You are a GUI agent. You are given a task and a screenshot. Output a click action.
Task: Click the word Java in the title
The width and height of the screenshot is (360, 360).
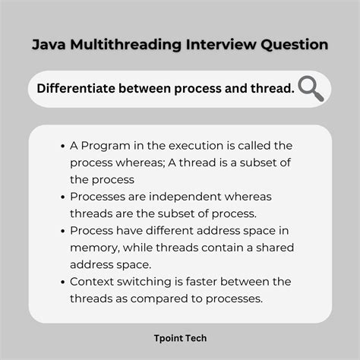(x=47, y=45)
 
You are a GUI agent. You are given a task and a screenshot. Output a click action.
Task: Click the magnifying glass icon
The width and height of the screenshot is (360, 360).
(x=311, y=90)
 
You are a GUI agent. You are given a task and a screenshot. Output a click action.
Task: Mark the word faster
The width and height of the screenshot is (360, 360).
(x=220, y=282)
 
